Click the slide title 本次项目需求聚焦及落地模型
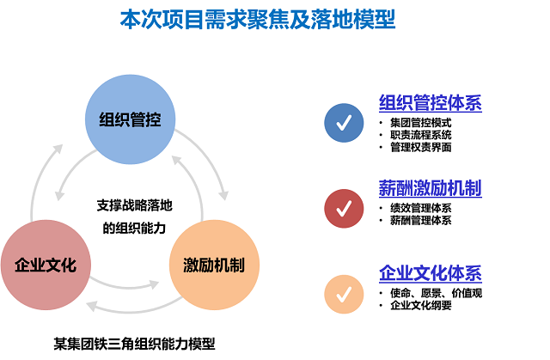point(258,19)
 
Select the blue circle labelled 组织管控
point(130,119)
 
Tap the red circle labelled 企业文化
point(46,265)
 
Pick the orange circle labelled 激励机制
point(214,265)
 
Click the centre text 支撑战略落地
point(134,205)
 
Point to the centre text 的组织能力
point(134,229)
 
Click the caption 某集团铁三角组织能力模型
point(134,344)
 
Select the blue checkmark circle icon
point(344,123)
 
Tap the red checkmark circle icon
point(344,209)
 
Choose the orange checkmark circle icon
point(344,294)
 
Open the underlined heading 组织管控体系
point(431,103)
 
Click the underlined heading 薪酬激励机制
point(431,188)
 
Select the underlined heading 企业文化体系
point(431,273)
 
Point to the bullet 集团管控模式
point(420,123)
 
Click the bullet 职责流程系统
point(420,135)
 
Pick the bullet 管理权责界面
point(420,147)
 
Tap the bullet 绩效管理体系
point(420,208)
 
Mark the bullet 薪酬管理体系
point(420,221)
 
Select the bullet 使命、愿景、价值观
point(436,293)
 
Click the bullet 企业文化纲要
point(420,305)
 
